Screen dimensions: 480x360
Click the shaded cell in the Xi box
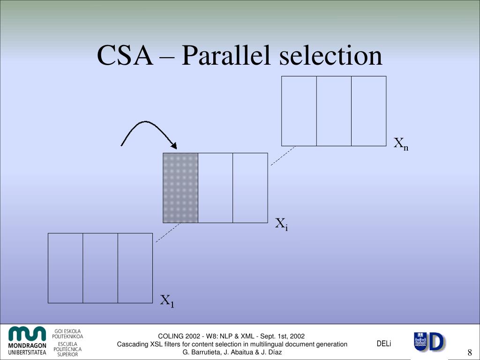[180, 187]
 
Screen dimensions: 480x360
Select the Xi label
[281, 224]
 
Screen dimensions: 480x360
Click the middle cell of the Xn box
[334, 111]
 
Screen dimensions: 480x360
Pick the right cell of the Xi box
[250, 187]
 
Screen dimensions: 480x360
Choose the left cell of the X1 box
[66, 268]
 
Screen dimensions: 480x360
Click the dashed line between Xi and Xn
[283, 156]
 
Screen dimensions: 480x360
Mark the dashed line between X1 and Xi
[167, 232]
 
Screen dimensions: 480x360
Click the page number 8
[469, 352]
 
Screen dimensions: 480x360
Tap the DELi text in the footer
[384, 345]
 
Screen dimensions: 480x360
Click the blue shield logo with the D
[428, 342]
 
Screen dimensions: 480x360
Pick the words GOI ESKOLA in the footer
[68, 330]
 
